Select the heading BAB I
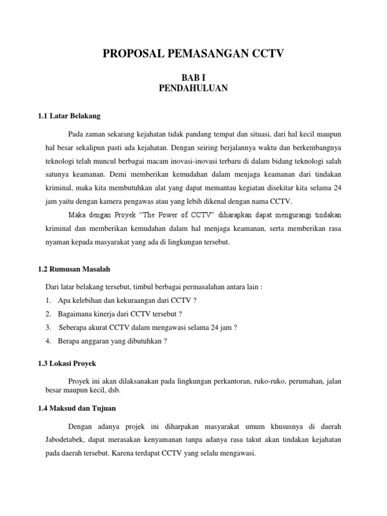tap(193, 78)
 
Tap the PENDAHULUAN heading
tap(193, 89)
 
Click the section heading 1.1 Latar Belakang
tap(69, 116)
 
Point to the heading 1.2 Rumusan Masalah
tap(74, 270)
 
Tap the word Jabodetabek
tap(62, 440)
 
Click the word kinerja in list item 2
tap(105, 313)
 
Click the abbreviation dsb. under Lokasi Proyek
tap(122, 390)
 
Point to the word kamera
tap(107, 201)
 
